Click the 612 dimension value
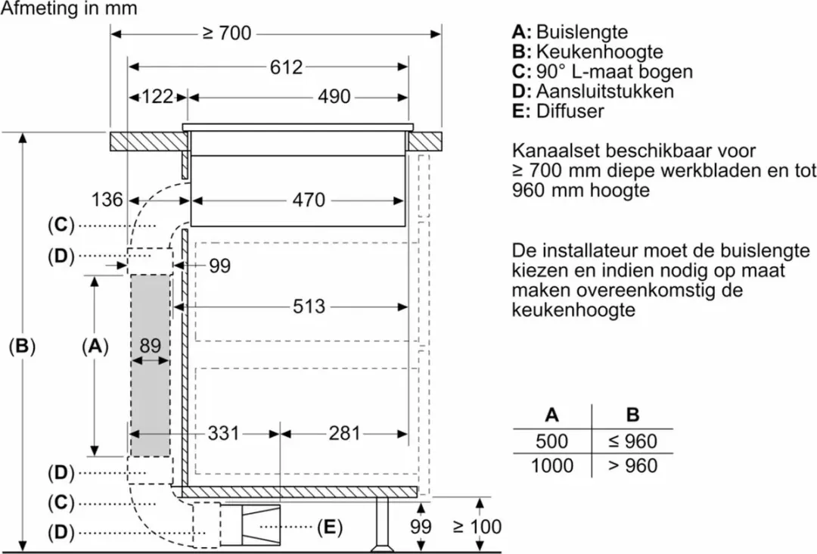pyautogui.click(x=286, y=67)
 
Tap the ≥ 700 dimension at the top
pyautogui.click(x=227, y=33)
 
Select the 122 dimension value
pyautogui.click(x=157, y=96)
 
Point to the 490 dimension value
pyautogui.click(x=334, y=96)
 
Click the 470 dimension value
pyautogui.click(x=309, y=200)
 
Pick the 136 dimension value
pyautogui.click(x=107, y=200)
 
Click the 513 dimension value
pyautogui.click(x=309, y=307)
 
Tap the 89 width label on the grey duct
pyautogui.click(x=150, y=346)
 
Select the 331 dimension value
pyautogui.click(x=223, y=433)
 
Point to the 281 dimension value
pyautogui.click(x=344, y=433)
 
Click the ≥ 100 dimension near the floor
pyautogui.click(x=477, y=527)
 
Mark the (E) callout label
pyautogui.click(x=329, y=528)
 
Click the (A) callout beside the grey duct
pyautogui.click(x=95, y=346)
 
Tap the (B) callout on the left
pyautogui.click(x=22, y=346)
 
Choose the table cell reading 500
pyautogui.click(x=551, y=441)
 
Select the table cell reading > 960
pyautogui.click(x=632, y=465)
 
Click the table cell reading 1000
pyautogui.click(x=551, y=465)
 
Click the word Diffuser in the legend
pyautogui.click(x=570, y=111)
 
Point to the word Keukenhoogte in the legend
pyautogui.click(x=599, y=52)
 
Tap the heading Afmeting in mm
pyautogui.click(x=69, y=8)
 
